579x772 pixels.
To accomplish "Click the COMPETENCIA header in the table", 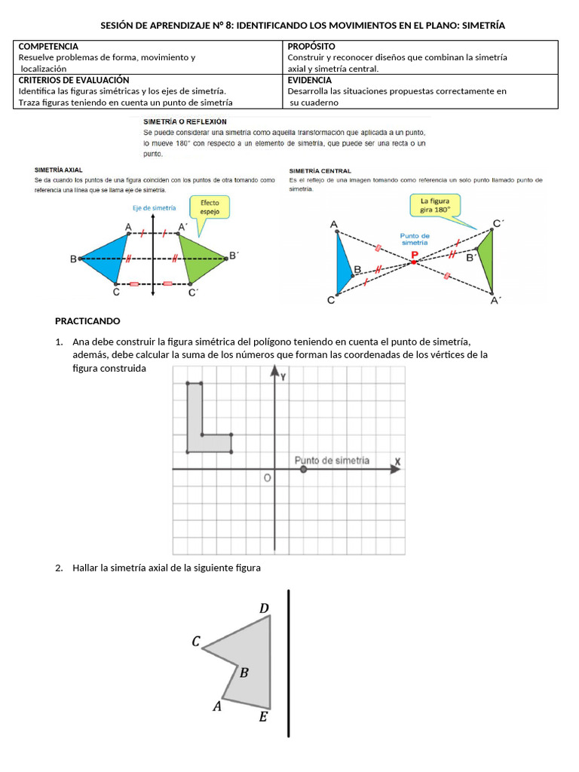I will (48, 47).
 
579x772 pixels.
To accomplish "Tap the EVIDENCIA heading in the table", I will (309, 80).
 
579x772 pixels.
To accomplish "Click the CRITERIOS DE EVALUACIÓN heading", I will (74, 80).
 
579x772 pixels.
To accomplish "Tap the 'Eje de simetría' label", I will (154, 207).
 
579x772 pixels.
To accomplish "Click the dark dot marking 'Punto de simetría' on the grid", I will (303, 469).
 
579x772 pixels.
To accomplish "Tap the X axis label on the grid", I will (397, 461).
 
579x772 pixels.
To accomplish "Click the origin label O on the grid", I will (266, 478).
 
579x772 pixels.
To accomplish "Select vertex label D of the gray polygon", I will (264, 608).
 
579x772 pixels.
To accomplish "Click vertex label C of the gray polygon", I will (196, 642).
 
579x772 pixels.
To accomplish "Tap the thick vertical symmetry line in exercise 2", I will (289, 663).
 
